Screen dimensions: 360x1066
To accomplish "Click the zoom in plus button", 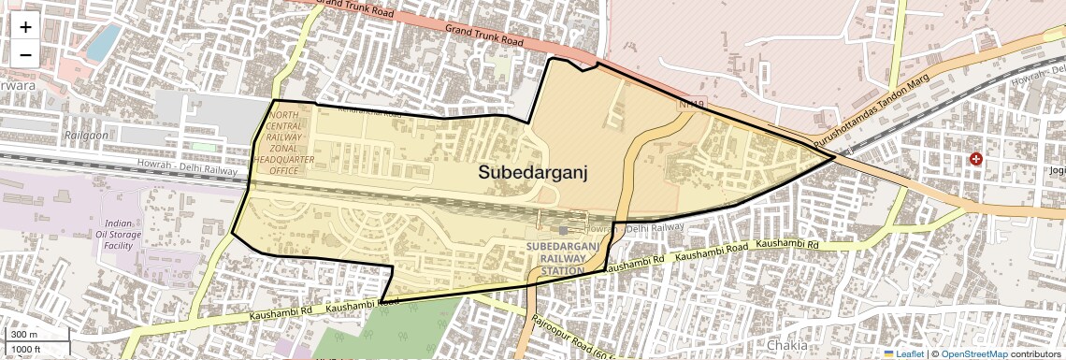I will tap(25, 27).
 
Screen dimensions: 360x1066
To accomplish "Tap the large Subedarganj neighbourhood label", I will tap(533, 172).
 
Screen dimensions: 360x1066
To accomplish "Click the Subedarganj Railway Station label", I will tap(562, 258).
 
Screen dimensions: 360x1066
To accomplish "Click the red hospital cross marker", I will tap(976, 160).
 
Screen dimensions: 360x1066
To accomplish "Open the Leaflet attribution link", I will tap(903, 354).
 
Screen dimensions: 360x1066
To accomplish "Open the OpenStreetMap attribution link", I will tap(973, 354).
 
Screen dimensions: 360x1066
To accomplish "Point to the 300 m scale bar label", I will tap(25, 334).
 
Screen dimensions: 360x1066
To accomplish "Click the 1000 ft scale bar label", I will tap(28, 349).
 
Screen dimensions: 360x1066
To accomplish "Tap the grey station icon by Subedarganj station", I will tap(562, 229).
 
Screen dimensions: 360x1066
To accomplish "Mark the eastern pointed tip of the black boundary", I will tap(835, 157).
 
